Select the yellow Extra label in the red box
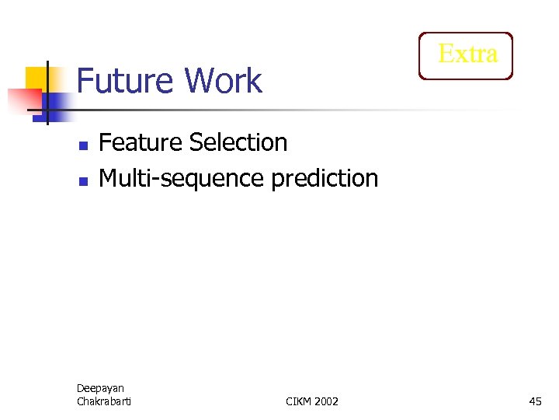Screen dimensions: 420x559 467,54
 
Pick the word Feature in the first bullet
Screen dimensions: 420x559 141,142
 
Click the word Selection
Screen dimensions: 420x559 238,142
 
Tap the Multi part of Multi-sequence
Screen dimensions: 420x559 123,178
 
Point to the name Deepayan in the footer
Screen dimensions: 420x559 100,388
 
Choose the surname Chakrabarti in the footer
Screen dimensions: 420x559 104,401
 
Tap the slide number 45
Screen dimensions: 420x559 535,401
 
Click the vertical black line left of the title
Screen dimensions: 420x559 47,109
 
